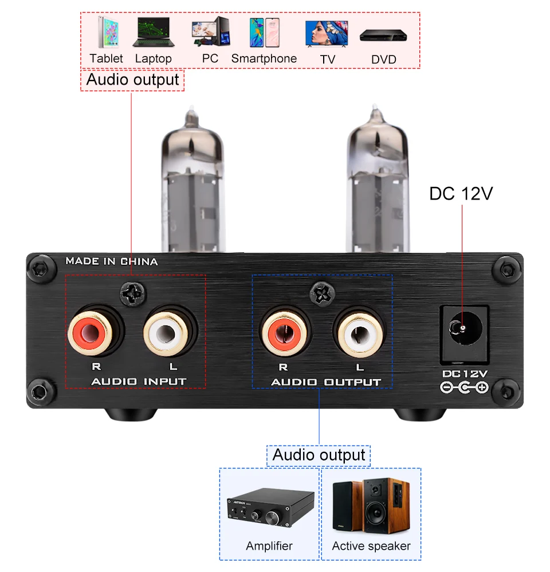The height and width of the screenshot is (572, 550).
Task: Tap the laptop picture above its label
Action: tap(153, 33)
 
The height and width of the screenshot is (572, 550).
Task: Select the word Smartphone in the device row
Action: tap(264, 58)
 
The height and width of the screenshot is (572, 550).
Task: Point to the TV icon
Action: tap(327, 34)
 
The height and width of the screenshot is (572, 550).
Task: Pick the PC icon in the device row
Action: tap(210, 32)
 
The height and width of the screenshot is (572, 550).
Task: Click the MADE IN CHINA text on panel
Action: tap(111, 261)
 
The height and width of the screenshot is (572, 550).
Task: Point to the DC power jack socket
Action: tap(463, 332)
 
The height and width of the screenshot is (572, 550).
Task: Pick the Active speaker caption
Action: tap(371, 546)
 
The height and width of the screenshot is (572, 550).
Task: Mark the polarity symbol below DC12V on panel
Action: tap(463, 388)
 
